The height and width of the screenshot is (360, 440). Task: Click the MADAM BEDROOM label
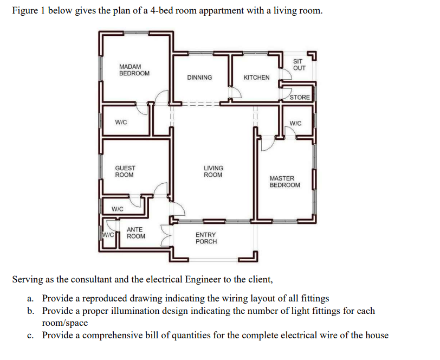tap(134, 70)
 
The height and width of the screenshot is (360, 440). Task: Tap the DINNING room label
tap(199, 78)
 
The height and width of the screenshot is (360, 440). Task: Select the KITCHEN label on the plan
tap(256, 78)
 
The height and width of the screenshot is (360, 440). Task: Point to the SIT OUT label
tap(299, 65)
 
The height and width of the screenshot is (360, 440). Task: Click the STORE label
tap(300, 98)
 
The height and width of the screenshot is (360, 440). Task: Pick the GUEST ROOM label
tap(125, 171)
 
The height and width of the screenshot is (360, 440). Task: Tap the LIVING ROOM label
tap(213, 171)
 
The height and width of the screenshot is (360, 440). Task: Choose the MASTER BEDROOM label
tap(284, 182)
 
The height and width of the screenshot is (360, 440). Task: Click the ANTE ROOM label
tap(135, 233)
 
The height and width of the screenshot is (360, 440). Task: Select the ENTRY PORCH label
tap(206, 238)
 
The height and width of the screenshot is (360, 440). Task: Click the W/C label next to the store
tap(296, 123)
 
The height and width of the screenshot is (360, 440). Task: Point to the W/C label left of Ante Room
tap(108, 235)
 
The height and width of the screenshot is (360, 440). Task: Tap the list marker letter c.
tap(29, 335)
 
